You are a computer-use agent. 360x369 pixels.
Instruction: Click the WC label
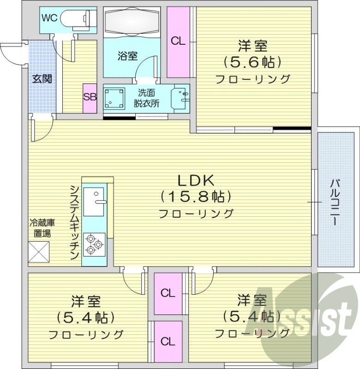[50, 18]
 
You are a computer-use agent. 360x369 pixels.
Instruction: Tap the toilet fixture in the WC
[78, 19]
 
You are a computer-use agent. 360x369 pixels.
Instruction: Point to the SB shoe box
[90, 97]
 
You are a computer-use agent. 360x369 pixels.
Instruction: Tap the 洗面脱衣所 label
[146, 97]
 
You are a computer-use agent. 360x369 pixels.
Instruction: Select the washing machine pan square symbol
[114, 98]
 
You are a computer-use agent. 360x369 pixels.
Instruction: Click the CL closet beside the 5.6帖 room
[178, 42]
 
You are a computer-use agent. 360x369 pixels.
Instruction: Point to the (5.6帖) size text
[252, 61]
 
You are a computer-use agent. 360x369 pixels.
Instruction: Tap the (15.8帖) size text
[195, 197]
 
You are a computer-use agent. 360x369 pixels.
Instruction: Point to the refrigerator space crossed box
[38, 252]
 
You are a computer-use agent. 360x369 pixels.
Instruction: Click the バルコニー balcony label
[333, 202]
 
